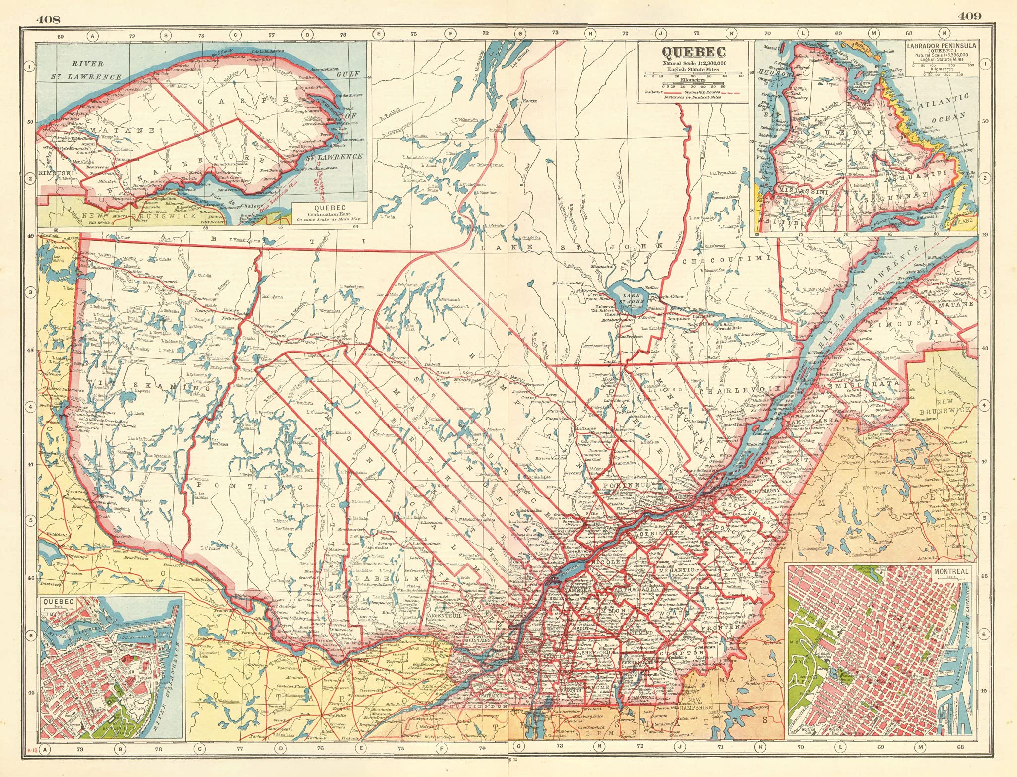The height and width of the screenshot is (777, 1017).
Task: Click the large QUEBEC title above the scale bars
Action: point(693,52)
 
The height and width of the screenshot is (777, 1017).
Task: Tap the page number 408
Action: point(48,19)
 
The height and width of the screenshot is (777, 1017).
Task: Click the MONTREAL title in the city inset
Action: point(951,571)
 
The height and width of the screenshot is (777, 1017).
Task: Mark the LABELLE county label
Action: point(388,578)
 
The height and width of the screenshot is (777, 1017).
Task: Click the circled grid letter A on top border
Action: point(92,35)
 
